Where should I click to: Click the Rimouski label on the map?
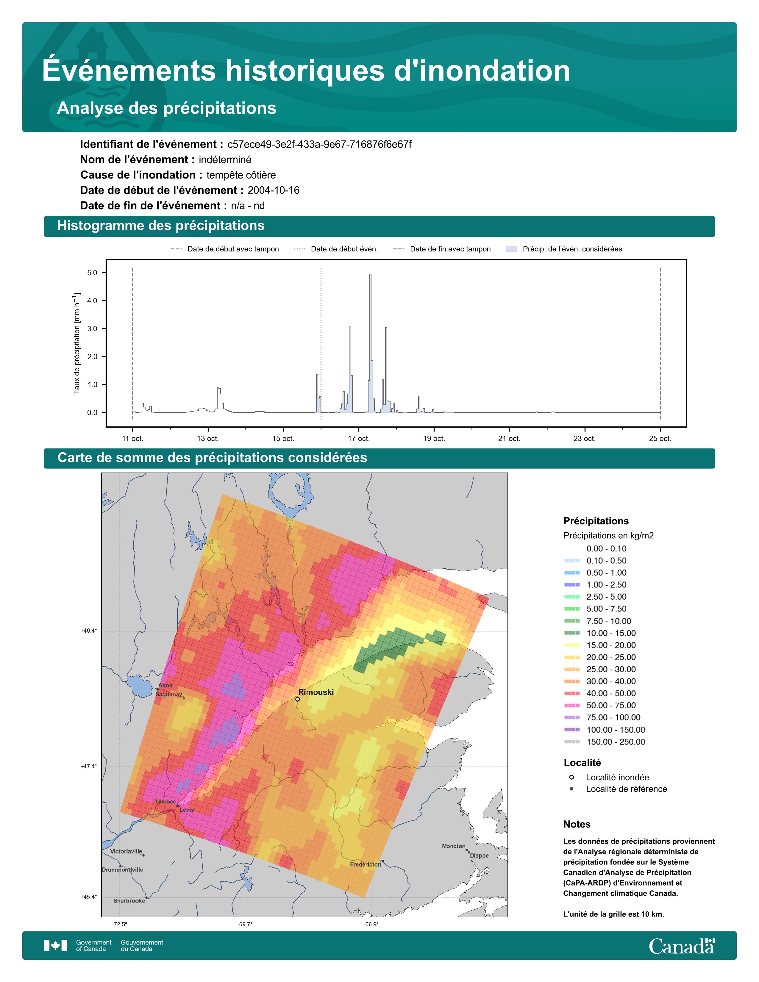316,692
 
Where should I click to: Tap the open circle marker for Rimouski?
298,699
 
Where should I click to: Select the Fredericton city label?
366,864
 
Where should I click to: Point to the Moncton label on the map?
454,846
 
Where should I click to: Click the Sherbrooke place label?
129,901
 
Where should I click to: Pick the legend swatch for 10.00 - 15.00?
571,633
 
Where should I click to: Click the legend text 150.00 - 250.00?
616,742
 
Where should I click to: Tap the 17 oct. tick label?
358,438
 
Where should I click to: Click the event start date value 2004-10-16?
273,190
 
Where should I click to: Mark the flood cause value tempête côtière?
241,175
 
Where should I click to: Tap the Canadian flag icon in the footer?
55,946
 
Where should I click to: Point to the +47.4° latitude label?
89,766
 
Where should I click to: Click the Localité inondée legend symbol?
571,777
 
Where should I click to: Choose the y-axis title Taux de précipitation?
76,343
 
